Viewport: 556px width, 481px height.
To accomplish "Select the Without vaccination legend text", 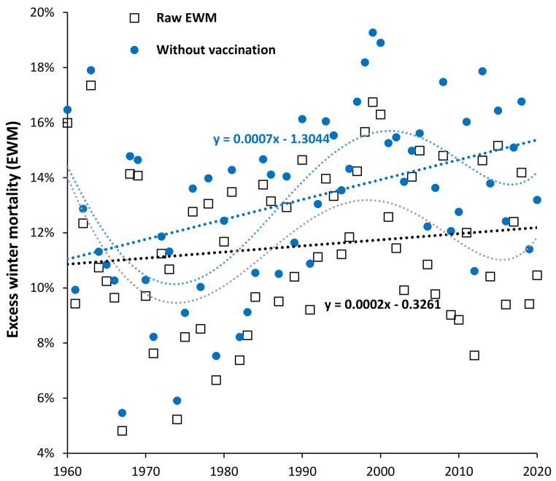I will pyautogui.click(x=216, y=50).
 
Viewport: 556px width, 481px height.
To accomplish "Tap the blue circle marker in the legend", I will pyautogui.click(x=133, y=50).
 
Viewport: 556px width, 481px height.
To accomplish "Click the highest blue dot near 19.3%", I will pyautogui.click(x=373, y=33).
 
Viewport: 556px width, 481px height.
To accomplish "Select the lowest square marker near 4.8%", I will pyautogui.click(x=122, y=431).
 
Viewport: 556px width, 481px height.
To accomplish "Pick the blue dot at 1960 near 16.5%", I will pyautogui.click(x=67, y=110).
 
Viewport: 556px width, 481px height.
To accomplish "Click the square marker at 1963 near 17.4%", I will pyautogui.click(x=90, y=85).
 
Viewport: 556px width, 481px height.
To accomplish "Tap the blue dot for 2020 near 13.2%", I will pyautogui.click(x=537, y=200).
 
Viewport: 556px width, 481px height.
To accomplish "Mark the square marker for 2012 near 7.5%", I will pyautogui.click(x=474, y=355).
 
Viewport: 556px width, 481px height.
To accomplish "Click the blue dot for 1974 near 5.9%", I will pyautogui.click(x=177, y=401).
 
